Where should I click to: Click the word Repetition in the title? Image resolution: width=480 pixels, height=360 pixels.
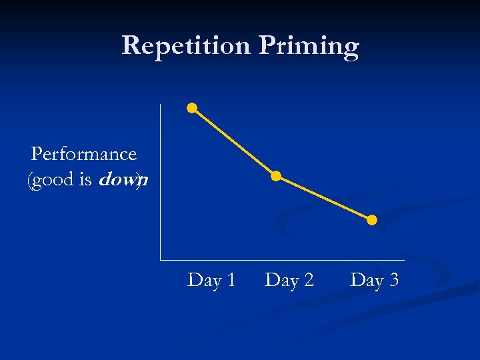(186, 46)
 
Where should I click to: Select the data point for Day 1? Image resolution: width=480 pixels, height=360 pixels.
(192, 107)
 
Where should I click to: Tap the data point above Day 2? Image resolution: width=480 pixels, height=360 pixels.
(276, 177)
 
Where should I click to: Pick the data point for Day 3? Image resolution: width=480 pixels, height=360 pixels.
(372, 220)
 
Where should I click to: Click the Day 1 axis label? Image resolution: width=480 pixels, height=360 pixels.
(211, 280)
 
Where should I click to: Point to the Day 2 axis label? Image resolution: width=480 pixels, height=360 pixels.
(289, 280)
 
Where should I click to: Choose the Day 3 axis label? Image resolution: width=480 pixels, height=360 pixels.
(374, 280)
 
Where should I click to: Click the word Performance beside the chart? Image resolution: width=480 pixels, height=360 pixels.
(84, 155)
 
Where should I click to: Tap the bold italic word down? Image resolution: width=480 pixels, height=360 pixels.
(123, 180)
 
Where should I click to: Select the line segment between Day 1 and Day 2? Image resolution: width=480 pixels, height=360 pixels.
(234, 142)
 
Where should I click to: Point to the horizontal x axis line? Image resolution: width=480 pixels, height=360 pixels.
(280, 259)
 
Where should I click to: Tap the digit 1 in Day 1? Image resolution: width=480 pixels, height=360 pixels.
(230, 280)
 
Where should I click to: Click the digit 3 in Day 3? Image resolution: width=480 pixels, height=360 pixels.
(393, 280)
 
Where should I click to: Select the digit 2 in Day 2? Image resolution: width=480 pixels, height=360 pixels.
(308, 280)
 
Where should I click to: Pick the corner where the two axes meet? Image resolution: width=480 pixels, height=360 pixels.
(161, 259)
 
